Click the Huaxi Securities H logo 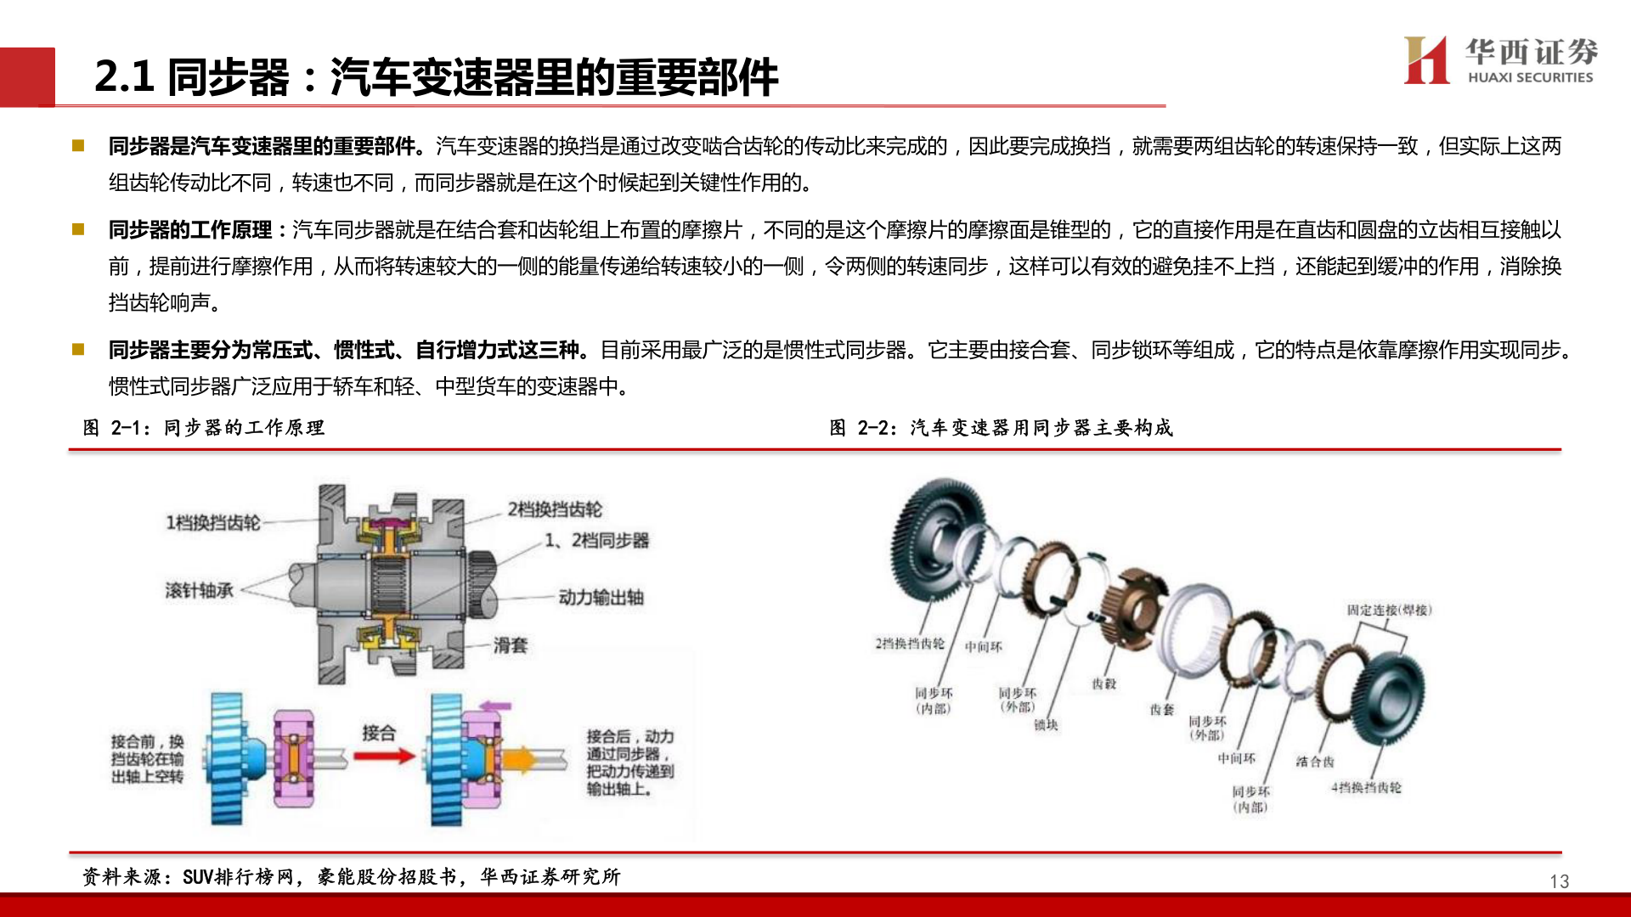tap(1427, 60)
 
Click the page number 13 tap(1559, 881)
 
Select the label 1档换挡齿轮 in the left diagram tap(212, 523)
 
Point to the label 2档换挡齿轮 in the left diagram tap(555, 509)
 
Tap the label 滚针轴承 tap(199, 590)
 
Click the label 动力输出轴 tap(601, 598)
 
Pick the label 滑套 tap(511, 645)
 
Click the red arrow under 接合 tap(384, 755)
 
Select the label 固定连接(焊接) tap(1389, 610)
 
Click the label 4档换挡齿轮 tap(1366, 788)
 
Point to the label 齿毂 tap(1104, 684)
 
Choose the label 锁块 tap(1046, 725)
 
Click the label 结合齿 tap(1314, 762)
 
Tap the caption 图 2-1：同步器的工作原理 tap(204, 428)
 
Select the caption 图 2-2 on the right tap(1001, 428)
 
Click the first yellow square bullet tap(78, 145)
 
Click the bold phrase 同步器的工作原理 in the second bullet tap(190, 230)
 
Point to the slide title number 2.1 tap(124, 76)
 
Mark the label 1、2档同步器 tap(596, 541)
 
